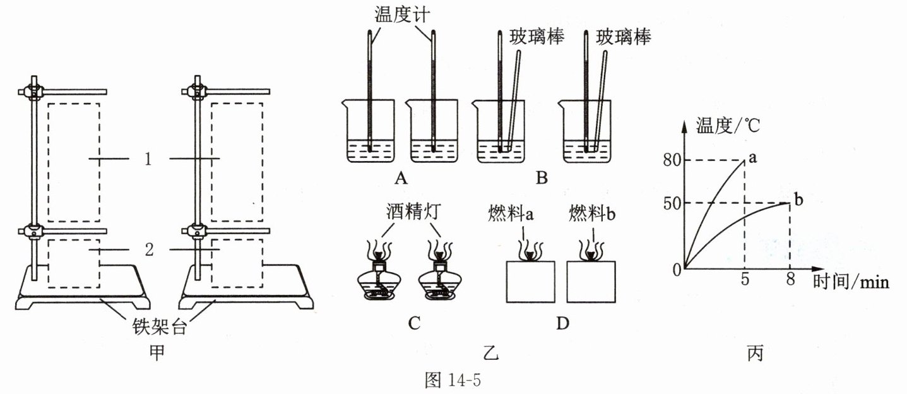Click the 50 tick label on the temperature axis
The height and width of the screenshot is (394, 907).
[x=672, y=203]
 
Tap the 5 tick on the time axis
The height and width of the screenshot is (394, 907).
[x=745, y=281]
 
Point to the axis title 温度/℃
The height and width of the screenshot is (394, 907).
[x=728, y=125]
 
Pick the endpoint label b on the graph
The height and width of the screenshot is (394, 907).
[x=799, y=201]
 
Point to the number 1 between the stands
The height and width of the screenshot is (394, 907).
[x=147, y=159]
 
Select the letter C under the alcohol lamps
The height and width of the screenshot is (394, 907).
[x=414, y=323]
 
